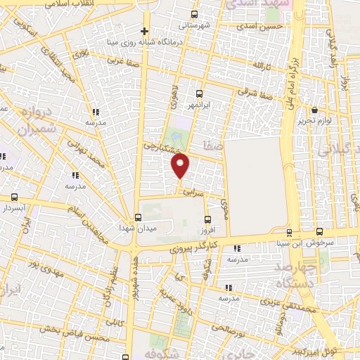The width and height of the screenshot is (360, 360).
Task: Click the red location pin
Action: [181, 165]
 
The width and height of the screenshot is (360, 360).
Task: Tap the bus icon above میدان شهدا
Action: [137, 217]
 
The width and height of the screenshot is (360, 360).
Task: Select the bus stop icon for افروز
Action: [207, 219]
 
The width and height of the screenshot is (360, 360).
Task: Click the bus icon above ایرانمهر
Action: [200, 93]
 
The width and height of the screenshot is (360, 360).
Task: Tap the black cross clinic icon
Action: [144, 31]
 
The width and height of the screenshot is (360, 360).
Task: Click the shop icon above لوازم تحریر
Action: [314, 110]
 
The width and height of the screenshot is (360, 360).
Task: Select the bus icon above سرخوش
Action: [320, 231]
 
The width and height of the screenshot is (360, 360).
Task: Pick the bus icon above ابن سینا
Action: [289, 232]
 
